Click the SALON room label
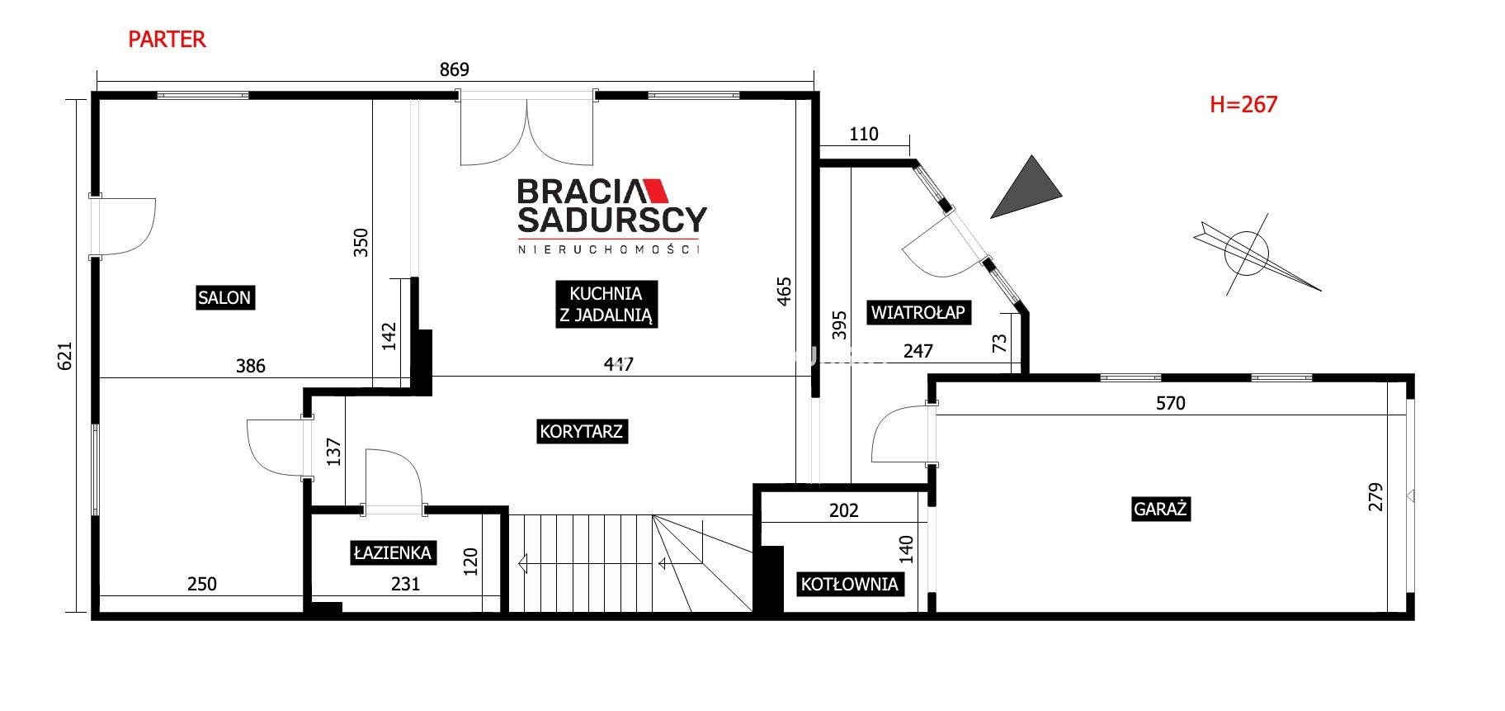tap(224, 297)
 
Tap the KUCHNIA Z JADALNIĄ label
tap(606, 304)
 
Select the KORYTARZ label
tap(581, 431)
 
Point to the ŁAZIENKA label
tap(393, 552)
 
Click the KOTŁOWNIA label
tap(849, 585)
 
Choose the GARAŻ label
tap(1160, 509)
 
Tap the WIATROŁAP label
tap(918, 312)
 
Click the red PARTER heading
tap(167, 39)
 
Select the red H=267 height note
tap(1243, 104)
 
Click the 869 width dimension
tap(454, 69)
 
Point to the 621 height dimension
tap(67, 356)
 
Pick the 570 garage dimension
tap(1170, 403)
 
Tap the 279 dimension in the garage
tap(1375, 497)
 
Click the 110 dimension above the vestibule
tap(863, 134)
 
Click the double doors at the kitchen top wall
tap(526, 130)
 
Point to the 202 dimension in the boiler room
tap(843, 510)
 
